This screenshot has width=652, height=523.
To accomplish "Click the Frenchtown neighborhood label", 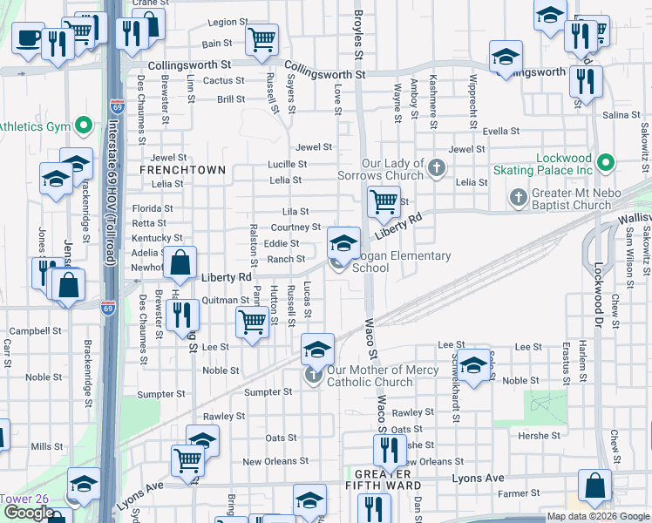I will [182, 170].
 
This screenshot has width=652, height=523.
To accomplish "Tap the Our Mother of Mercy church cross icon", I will [313, 376].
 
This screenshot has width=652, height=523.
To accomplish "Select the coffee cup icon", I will [28, 37].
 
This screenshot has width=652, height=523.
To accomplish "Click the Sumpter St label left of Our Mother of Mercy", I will [267, 393].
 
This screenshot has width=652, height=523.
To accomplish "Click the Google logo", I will [29, 513].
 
